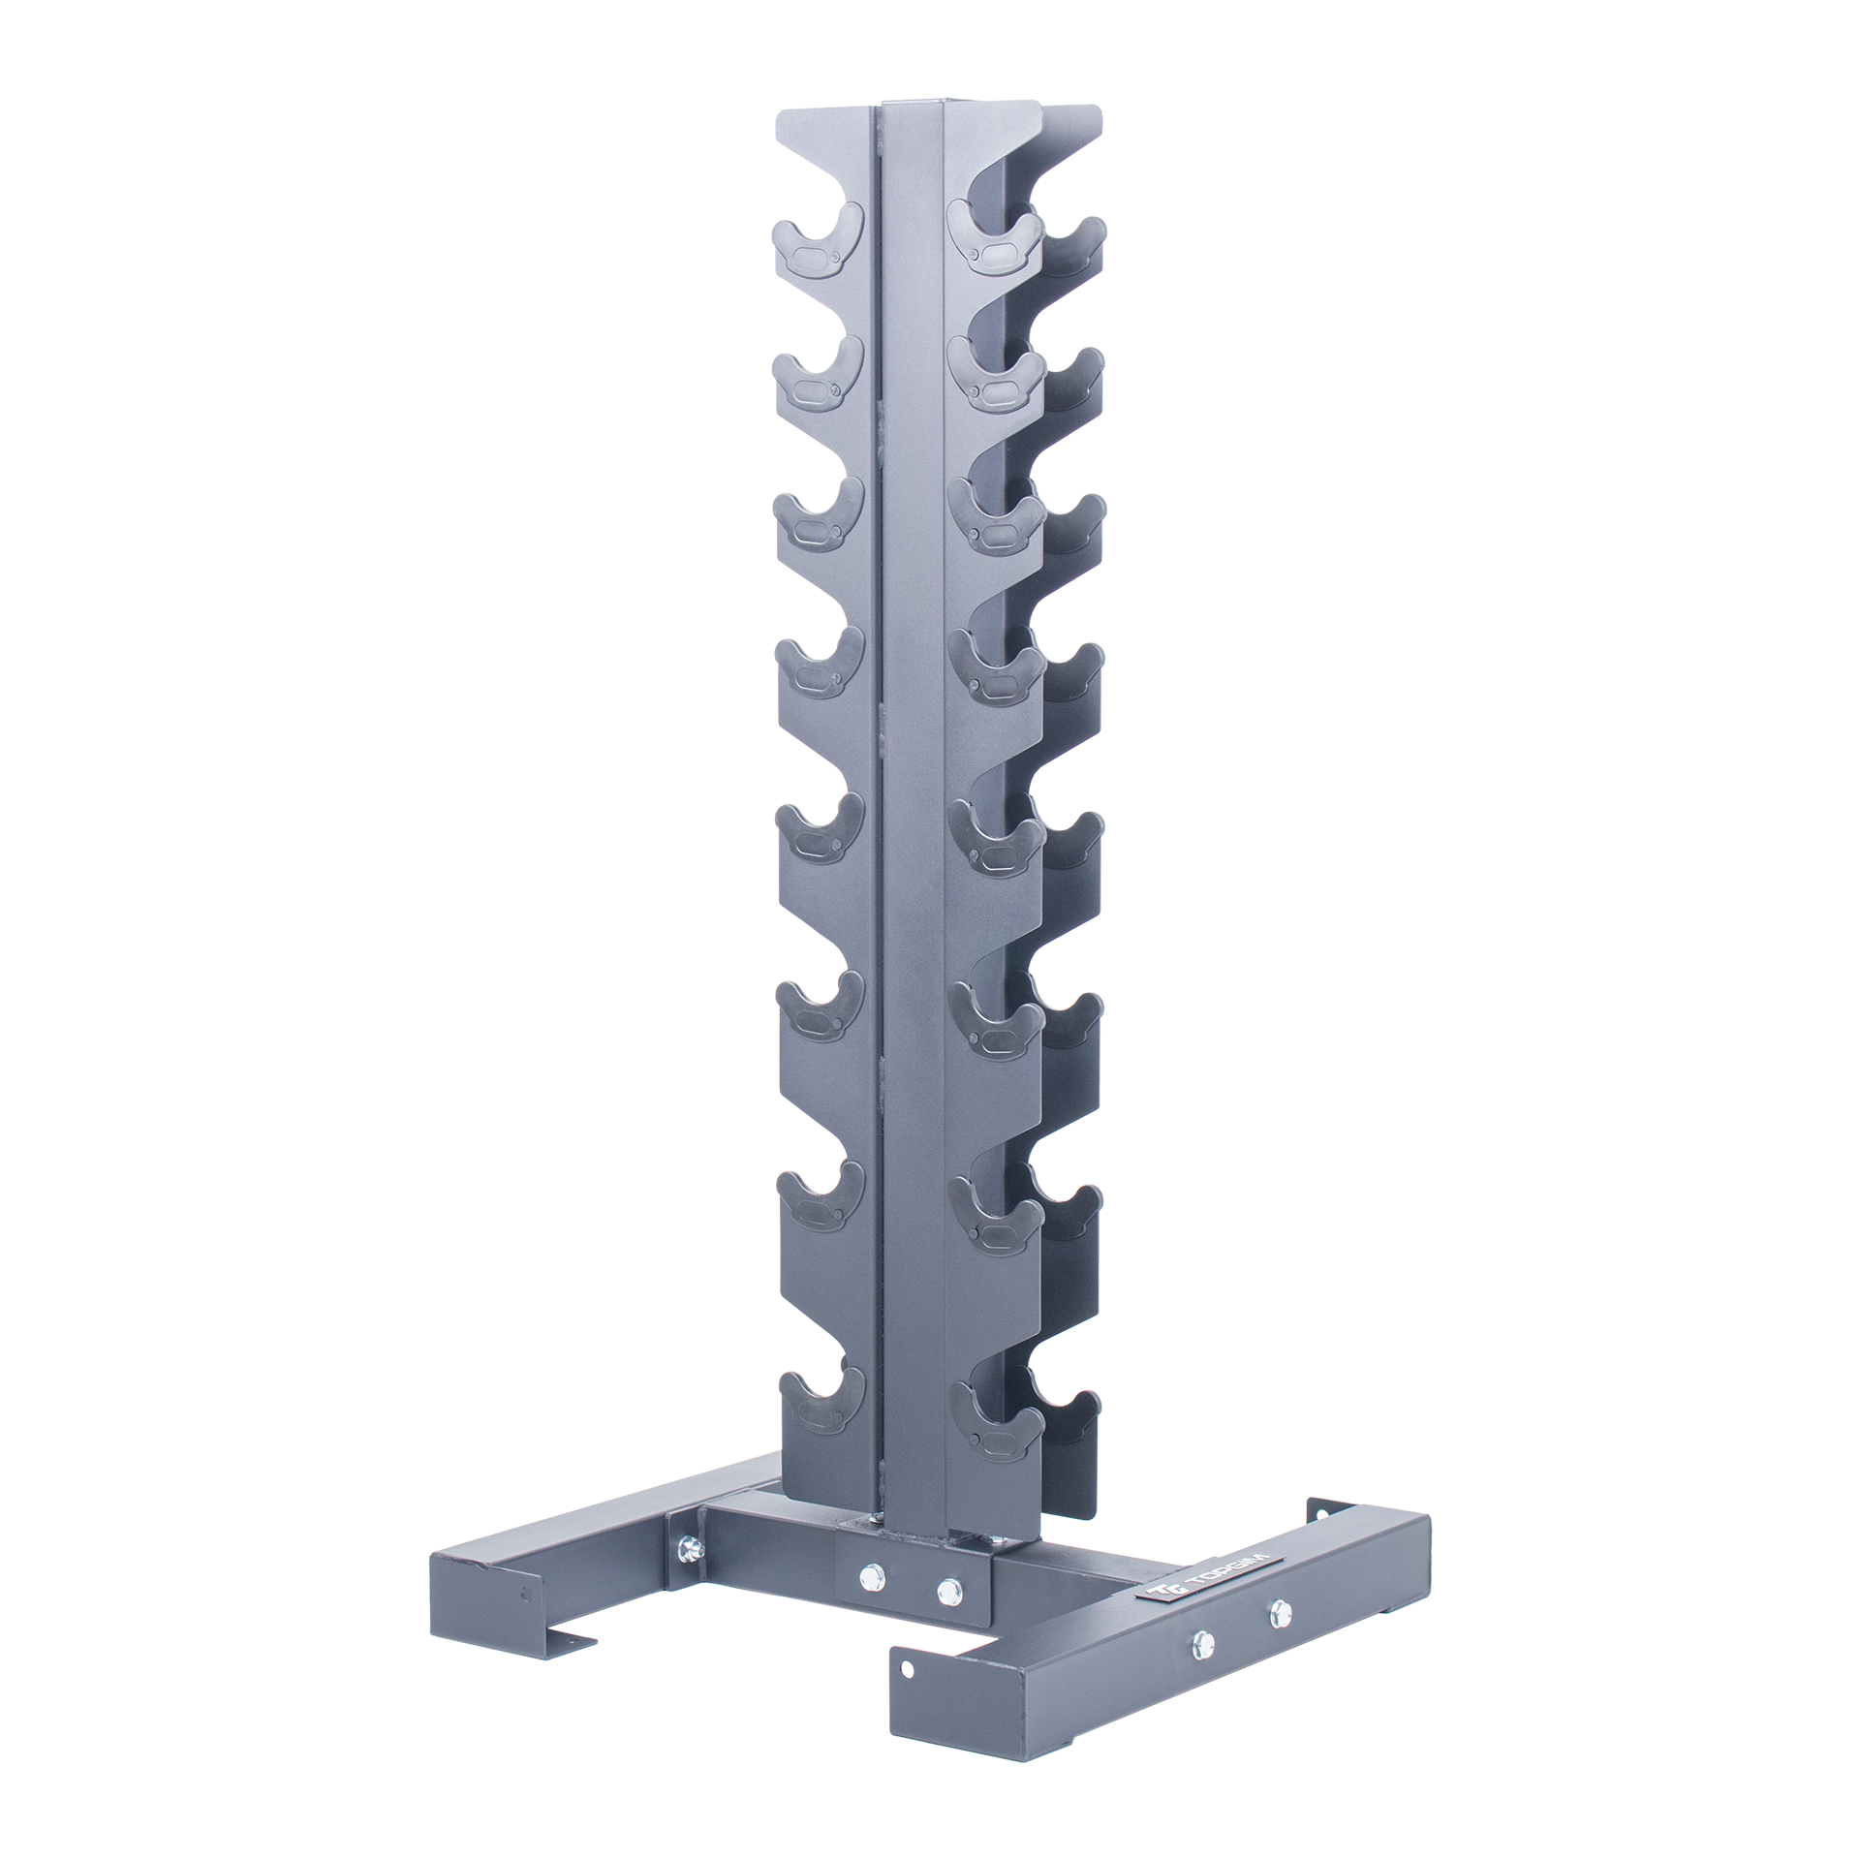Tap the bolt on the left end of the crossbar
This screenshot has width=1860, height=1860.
coord(688,1546)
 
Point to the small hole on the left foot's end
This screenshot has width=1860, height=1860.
coord(526,1594)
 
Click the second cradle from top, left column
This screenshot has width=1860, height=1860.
coord(819,378)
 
